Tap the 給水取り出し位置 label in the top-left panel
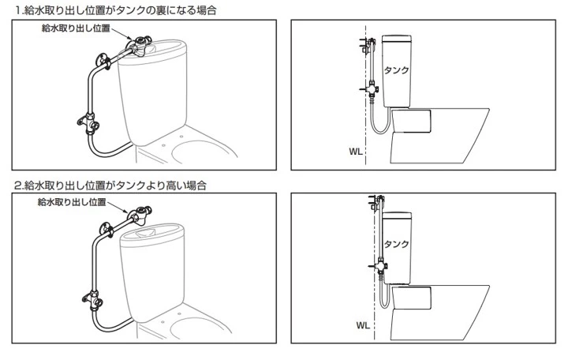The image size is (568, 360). point(76,28)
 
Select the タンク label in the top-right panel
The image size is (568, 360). point(396,70)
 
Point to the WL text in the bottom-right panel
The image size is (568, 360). point(362,324)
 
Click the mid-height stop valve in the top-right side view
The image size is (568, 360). point(369,90)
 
